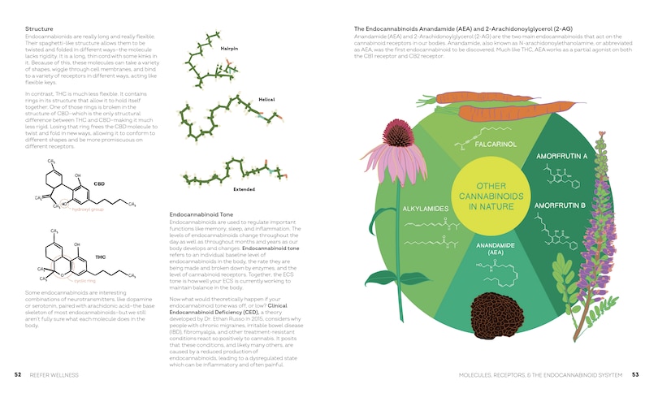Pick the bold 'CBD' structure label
99,184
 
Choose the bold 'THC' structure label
100,257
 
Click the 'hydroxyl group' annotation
88,209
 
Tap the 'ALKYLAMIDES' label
426,208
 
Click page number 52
17,375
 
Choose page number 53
636,375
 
